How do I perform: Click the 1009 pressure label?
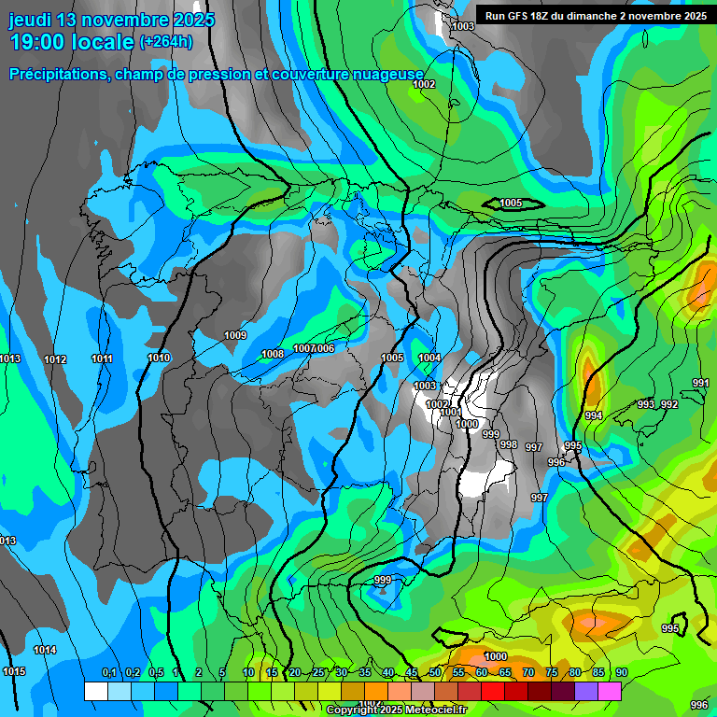pyautogui.click(x=235, y=335)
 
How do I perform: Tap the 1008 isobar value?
pyautogui.click(x=273, y=354)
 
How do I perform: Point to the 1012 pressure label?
pyautogui.click(x=55, y=359)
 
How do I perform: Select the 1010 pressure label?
pyautogui.click(x=159, y=358)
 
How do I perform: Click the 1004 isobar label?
pyautogui.click(x=429, y=358)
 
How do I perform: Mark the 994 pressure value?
pyautogui.click(x=594, y=415)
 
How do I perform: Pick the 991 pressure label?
pyautogui.click(x=701, y=383)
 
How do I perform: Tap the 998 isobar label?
pyautogui.click(x=509, y=444)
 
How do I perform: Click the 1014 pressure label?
pyautogui.click(x=45, y=650)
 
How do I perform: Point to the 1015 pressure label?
pyautogui.click(x=14, y=671)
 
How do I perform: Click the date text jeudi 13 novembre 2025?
pyautogui.click(x=112, y=20)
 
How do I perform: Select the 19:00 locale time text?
pyautogui.click(x=71, y=42)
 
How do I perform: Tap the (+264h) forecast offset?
pyautogui.click(x=166, y=42)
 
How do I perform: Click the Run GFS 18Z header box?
pyautogui.click(x=596, y=15)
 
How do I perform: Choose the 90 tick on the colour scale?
pyautogui.click(x=621, y=672)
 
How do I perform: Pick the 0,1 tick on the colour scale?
pyautogui.click(x=109, y=672)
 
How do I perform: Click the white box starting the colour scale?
pyautogui.click(x=95, y=690)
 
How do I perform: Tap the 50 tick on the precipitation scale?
pyautogui.click(x=435, y=672)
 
